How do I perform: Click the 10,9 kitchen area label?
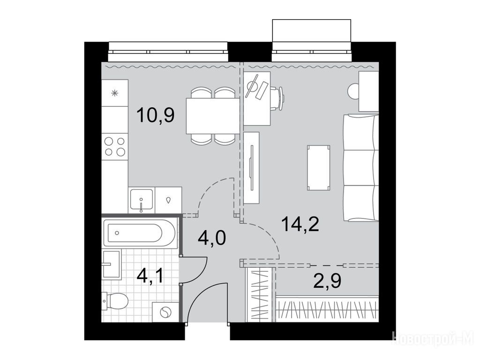pyautogui.click(x=156, y=115)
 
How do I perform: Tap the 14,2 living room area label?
pyautogui.click(x=300, y=224)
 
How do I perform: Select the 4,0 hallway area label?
pyautogui.click(x=212, y=238)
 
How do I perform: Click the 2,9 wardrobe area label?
pyautogui.click(x=327, y=281)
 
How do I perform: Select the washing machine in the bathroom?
pyautogui.click(x=165, y=312)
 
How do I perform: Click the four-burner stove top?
pyautogui.click(x=115, y=146)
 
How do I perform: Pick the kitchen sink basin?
pyautogui.click(x=141, y=199)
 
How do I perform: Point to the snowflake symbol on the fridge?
pyautogui.click(x=114, y=93)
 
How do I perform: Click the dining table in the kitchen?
pyautogui.click(x=213, y=116)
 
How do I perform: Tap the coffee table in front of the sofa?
pyautogui.click(x=319, y=167)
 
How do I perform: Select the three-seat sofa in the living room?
pyautogui.click(x=361, y=168)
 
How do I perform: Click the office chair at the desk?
pyautogui.click(x=277, y=98)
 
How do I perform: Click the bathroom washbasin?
pyautogui.click(x=111, y=264)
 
